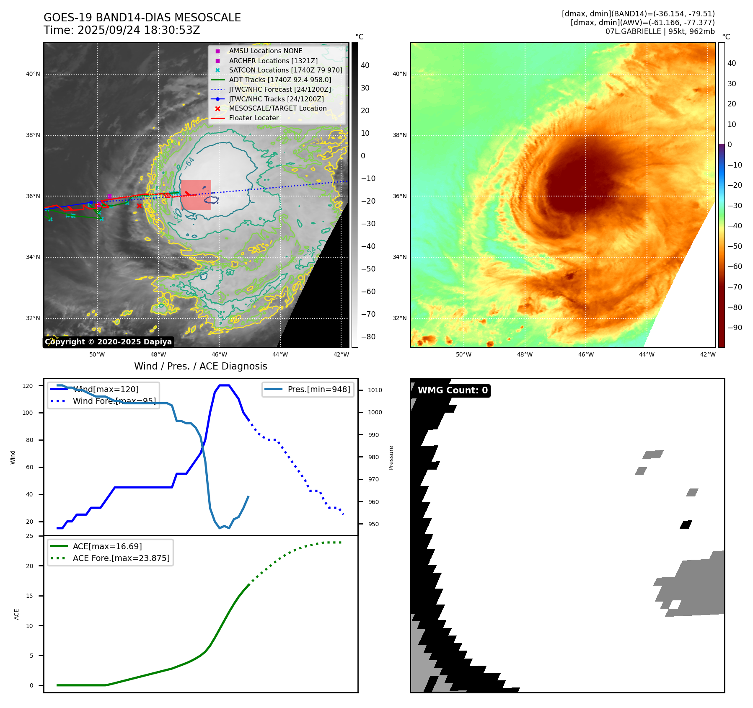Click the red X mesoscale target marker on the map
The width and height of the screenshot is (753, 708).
pyautogui.click(x=139, y=206)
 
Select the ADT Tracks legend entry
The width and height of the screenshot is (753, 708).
pyautogui.click(x=280, y=80)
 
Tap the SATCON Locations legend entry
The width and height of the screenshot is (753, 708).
pyautogui.click(x=285, y=70)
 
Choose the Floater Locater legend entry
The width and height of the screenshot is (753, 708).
pyautogui.click(x=254, y=118)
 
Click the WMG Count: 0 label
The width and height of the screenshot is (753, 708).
pyautogui.click(x=453, y=390)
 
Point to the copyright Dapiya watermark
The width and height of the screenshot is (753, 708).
pyautogui.click(x=108, y=342)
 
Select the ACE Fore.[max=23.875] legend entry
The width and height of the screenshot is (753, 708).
pyautogui.click(x=121, y=558)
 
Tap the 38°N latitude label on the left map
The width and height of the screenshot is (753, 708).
pyautogui.click(x=33, y=135)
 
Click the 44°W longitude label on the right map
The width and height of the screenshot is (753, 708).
pyautogui.click(x=647, y=354)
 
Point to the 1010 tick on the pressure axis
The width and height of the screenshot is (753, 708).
pyautogui.click(x=375, y=390)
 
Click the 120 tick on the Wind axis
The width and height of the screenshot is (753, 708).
pyautogui.click(x=28, y=386)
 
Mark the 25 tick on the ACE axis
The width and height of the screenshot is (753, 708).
pyautogui.click(x=29, y=536)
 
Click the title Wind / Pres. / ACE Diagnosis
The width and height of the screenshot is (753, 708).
pyautogui.click(x=200, y=366)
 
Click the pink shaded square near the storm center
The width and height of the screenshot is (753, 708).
pyautogui.click(x=196, y=195)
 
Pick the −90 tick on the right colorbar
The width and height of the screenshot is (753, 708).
pyautogui.click(x=735, y=328)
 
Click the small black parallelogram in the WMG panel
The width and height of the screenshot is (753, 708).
pyautogui.click(x=686, y=525)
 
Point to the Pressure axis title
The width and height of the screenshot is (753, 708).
pyautogui.click(x=391, y=457)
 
